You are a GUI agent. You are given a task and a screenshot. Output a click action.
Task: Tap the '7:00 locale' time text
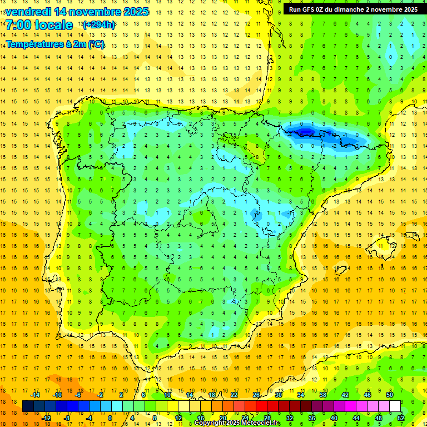[x=39, y=26]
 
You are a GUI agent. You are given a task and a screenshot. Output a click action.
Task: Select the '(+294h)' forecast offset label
[x=98, y=25]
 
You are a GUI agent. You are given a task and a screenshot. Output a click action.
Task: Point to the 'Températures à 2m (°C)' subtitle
[x=55, y=45]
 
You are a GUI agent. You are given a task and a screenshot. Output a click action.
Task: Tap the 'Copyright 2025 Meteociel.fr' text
[x=237, y=423]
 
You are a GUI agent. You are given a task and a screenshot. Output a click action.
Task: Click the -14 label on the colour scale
[x=36, y=395]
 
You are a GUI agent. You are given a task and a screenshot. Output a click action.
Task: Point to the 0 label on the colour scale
[x=110, y=418]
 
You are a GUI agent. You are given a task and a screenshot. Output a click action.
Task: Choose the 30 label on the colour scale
[x=278, y=395]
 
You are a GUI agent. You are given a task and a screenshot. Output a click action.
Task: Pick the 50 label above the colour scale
[x=389, y=395]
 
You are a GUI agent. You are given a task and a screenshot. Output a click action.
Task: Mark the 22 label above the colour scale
[x=234, y=395]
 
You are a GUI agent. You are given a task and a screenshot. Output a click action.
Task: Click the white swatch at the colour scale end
[x=395, y=406]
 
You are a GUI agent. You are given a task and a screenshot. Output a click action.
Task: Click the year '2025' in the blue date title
[x=135, y=12]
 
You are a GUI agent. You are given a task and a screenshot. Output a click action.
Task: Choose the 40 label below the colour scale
[x=334, y=418]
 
